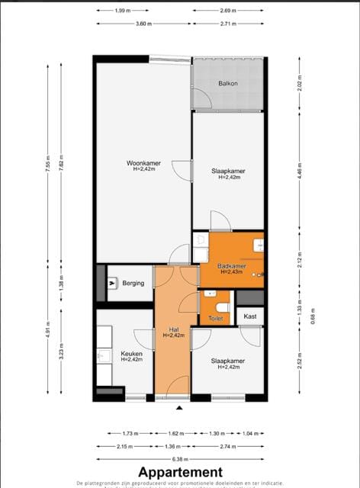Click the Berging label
coord(133,283)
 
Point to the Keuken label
coord(131,354)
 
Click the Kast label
coord(249,315)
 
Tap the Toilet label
coord(216,319)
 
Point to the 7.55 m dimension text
coord(48,166)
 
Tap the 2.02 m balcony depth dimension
coord(300,85)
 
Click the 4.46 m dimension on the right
coord(300,172)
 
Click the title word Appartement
coord(180,472)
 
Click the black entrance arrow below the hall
coord(179,409)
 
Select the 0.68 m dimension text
coord(313,316)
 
